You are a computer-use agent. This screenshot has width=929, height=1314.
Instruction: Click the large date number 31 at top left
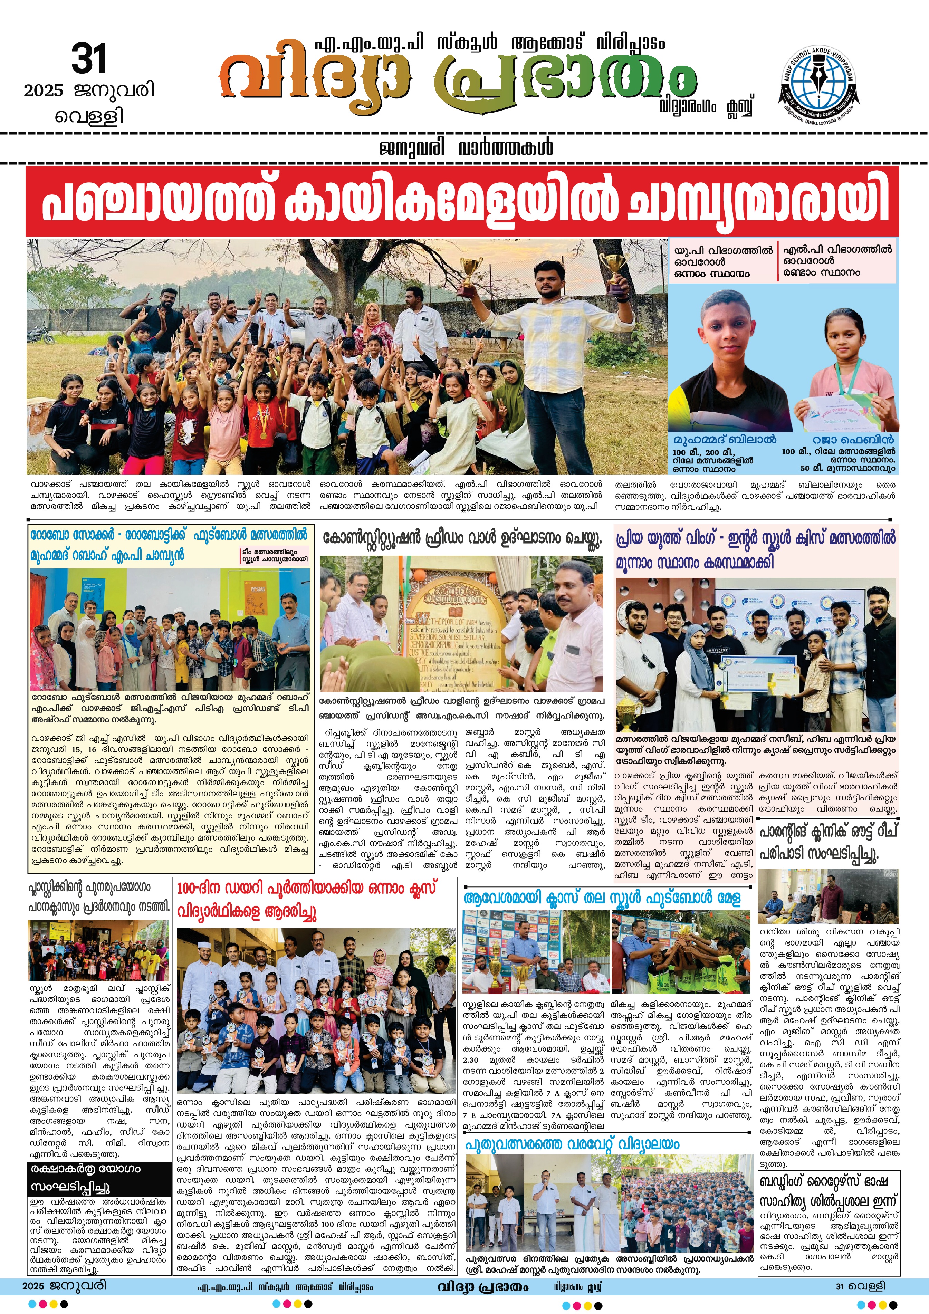click(89, 59)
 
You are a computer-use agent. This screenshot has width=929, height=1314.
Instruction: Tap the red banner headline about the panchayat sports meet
click(461, 201)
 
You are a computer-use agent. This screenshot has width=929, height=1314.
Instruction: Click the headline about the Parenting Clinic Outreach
click(828, 842)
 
